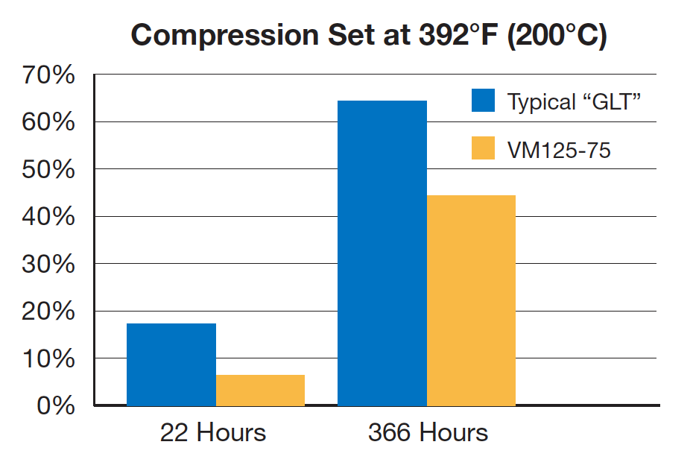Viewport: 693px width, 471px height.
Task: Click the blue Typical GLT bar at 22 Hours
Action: (x=171, y=364)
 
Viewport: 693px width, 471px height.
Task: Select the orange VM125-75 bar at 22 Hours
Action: (x=260, y=391)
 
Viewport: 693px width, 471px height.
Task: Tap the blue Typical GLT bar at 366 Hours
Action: (x=382, y=253)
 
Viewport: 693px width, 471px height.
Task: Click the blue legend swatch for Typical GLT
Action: (x=483, y=101)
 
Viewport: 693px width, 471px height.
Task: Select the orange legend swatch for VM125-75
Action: (x=483, y=148)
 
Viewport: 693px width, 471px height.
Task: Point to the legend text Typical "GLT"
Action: (x=574, y=101)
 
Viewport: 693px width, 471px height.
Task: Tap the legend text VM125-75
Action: (x=559, y=150)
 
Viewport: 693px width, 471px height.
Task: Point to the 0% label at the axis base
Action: (x=56, y=406)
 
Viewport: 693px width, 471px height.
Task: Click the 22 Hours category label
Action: (x=212, y=433)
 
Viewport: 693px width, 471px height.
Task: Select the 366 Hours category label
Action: (x=428, y=433)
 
